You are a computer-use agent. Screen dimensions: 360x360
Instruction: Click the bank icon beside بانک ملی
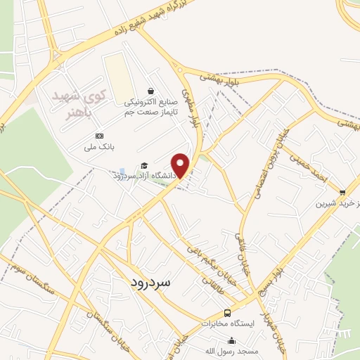tap(99, 136)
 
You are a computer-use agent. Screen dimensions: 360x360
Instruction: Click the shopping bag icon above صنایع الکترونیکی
tap(151, 91)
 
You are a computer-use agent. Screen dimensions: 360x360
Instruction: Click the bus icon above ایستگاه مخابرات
tap(226, 313)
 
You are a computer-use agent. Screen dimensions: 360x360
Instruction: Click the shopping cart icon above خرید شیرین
tap(342, 192)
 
